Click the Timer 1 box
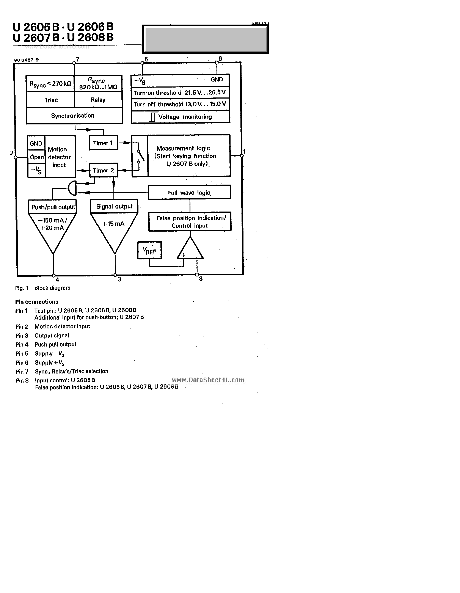103,143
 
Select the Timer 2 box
104,170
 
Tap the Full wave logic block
189,193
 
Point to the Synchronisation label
73,116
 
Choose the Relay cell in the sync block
98,100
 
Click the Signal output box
114,207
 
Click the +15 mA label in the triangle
113,224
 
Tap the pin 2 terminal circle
16,157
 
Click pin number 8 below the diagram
201,279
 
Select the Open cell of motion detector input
36,157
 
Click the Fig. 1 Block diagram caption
43,288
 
